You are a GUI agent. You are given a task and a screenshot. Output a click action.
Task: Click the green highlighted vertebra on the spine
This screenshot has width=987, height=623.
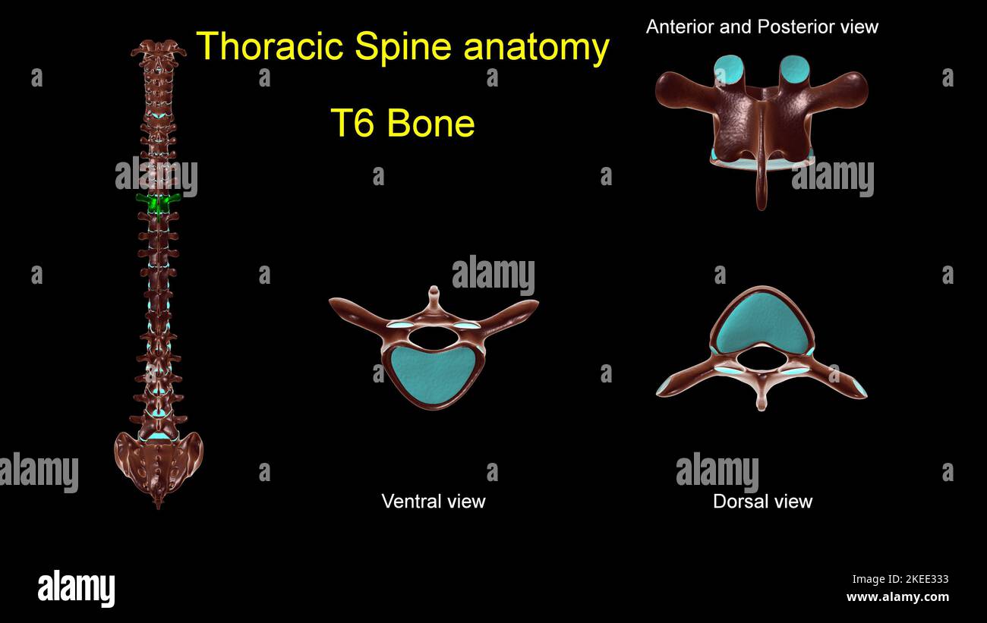[x=158, y=203]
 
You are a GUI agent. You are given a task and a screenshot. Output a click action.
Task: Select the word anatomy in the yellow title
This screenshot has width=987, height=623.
[x=537, y=47]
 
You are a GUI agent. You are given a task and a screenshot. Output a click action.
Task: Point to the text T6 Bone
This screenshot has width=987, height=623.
[x=402, y=123]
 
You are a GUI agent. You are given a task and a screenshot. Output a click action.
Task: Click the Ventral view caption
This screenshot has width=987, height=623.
[x=433, y=501]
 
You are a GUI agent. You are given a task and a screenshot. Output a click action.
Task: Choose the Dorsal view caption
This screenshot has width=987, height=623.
[x=762, y=501]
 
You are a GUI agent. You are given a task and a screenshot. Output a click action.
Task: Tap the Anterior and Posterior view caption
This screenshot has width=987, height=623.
[x=762, y=27]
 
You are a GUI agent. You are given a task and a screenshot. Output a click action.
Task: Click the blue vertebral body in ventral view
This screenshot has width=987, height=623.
[x=434, y=375]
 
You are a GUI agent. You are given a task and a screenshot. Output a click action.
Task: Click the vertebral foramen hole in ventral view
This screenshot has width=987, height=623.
[x=433, y=337]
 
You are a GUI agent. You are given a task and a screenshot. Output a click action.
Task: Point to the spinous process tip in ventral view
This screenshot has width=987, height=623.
[x=434, y=291]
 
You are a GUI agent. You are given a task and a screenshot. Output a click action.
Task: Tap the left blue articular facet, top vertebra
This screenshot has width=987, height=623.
[x=729, y=69]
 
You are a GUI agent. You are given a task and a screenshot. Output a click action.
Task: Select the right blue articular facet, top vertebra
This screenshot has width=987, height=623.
[x=795, y=69]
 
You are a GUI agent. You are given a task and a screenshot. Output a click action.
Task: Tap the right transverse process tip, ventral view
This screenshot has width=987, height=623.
[x=528, y=307]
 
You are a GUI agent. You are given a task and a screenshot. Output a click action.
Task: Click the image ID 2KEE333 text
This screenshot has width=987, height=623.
[x=900, y=579]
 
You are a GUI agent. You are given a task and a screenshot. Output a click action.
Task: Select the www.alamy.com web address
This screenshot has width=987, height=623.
[x=897, y=597]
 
